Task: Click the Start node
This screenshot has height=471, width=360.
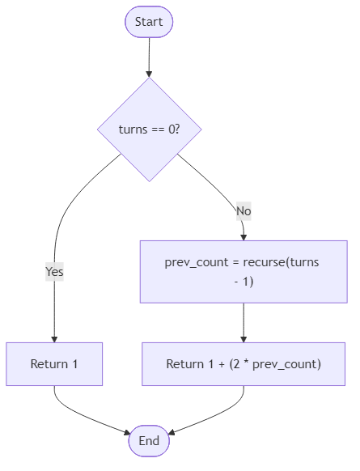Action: click(149, 22)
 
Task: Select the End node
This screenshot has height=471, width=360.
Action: click(149, 440)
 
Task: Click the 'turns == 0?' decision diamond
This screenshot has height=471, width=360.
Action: click(149, 129)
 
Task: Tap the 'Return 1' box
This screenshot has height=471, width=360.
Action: click(54, 363)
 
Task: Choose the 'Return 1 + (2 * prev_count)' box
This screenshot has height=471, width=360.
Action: click(244, 363)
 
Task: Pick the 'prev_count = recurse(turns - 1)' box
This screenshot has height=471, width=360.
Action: click(244, 272)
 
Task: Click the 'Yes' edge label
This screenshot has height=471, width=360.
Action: click(54, 272)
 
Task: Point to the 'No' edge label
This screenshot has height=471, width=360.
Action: click(244, 211)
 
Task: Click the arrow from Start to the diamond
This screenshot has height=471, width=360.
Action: click(149, 57)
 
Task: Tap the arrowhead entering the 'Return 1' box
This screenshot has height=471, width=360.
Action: click(54, 337)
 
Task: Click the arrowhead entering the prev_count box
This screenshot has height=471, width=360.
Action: click(244, 235)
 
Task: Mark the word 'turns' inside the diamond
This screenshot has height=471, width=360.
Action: click(133, 129)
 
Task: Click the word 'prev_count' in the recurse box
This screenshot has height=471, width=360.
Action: click(191, 262)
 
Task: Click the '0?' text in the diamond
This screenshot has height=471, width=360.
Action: click(172, 129)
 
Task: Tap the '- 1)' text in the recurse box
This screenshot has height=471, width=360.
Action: click(244, 282)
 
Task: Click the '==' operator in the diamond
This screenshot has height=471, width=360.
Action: click(155, 129)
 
